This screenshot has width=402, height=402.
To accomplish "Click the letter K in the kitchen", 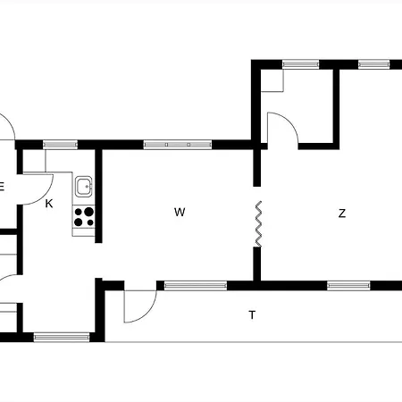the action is click(49, 204).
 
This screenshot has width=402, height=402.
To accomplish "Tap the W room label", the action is click(180, 212).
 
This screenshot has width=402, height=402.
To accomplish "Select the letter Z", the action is click(342, 214).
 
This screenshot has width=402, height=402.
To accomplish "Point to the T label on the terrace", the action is click(252, 314).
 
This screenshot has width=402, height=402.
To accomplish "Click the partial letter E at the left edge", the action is click(2, 186).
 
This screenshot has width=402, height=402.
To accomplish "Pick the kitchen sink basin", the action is click(83, 187).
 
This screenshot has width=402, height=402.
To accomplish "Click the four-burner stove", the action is click(84, 217).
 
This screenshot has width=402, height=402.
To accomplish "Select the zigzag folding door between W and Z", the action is click(258, 224).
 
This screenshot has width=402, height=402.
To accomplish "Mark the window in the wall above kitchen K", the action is click(61, 145).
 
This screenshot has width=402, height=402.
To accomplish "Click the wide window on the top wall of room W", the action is click(178, 145).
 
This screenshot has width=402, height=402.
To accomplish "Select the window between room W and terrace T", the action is click(196, 286).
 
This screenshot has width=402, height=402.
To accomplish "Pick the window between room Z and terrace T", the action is click(348, 286).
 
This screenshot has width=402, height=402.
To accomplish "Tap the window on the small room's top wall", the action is click(300, 64).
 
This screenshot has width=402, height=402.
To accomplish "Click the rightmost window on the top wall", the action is click(373, 64).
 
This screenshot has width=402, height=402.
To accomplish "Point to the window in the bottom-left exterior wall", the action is click(62, 337).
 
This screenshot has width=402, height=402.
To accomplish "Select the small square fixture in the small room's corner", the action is click(272, 80).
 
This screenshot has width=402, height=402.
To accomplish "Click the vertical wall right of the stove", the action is click(98, 196).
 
